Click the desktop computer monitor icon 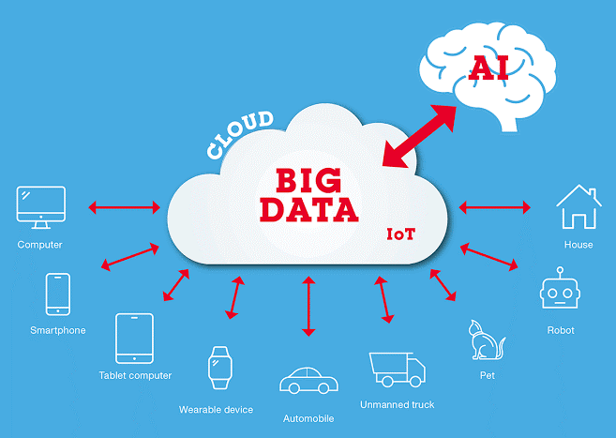click(x=40, y=207)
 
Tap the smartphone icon click(x=57, y=295)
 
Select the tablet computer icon click(x=134, y=338)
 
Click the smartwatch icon click(x=220, y=368)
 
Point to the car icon click(x=308, y=382)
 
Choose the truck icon click(x=397, y=368)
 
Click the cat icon click(x=486, y=340)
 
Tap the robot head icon click(x=561, y=294)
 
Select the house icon click(x=578, y=207)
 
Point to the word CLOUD click(x=240, y=134)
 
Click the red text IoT click(x=401, y=233)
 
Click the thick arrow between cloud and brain click(x=418, y=137)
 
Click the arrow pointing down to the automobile click(x=308, y=306)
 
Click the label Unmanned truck click(x=397, y=405)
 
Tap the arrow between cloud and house click(x=495, y=206)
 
